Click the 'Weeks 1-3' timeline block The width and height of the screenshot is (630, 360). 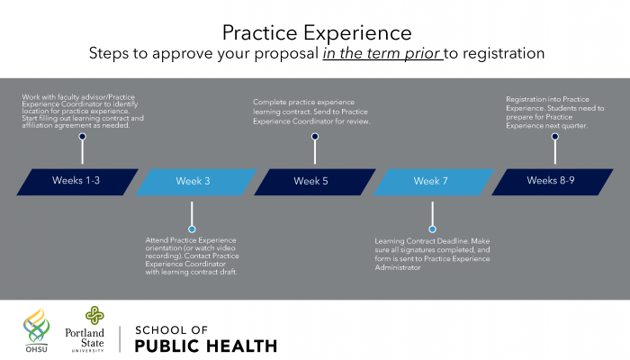click(77, 182)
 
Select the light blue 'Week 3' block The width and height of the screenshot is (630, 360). click(196, 182)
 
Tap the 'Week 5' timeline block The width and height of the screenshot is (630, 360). click(315, 182)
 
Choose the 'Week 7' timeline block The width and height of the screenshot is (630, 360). click(434, 182)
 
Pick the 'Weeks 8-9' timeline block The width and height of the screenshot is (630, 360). click(553, 182)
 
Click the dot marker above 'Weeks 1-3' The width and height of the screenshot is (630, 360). click(83, 137)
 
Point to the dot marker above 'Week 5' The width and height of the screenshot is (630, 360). click(315, 137)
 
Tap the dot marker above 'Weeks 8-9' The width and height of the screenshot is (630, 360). click(555, 137)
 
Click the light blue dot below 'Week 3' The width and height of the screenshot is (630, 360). click(192, 229)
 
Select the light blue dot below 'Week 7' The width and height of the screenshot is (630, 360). click(432, 229)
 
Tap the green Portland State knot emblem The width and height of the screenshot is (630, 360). click(94, 315)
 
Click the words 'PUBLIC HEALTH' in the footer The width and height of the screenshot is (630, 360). click(206, 346)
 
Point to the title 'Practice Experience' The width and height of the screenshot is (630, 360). click(317, 33)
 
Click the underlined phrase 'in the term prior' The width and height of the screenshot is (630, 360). click(382, 53)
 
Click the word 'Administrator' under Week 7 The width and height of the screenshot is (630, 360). click(398, 267)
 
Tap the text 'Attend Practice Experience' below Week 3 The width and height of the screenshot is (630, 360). click(191, 240)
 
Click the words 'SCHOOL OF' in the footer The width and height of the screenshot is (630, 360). click(172, 330)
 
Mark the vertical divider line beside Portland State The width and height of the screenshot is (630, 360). click(120, 339)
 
